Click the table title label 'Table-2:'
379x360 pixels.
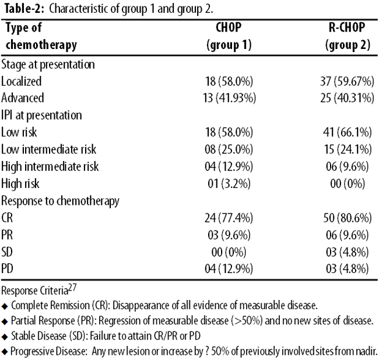(24, 9)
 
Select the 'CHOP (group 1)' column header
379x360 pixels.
(229, 36)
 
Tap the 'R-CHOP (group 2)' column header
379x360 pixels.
(348, 36)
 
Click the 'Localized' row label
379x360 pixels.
(21, 81)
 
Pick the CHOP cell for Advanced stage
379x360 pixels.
(229, 98)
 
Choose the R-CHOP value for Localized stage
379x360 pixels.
(347, 81)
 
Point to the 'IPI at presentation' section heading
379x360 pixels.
(41, 115)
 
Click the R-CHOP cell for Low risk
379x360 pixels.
(348, 132)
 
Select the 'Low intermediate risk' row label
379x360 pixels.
(48, 149)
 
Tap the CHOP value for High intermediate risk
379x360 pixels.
(229, 166)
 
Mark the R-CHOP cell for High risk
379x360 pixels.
(348, 184)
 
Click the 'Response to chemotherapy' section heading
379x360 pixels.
(60, 201)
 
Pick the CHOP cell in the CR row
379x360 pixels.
(229, 218)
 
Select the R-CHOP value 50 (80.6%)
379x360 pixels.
(348, 218)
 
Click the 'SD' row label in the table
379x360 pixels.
(7, 252)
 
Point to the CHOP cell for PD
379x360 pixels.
(229, 269)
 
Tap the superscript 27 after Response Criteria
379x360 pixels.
(72, 288)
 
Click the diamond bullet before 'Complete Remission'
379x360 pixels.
(5, 306)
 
